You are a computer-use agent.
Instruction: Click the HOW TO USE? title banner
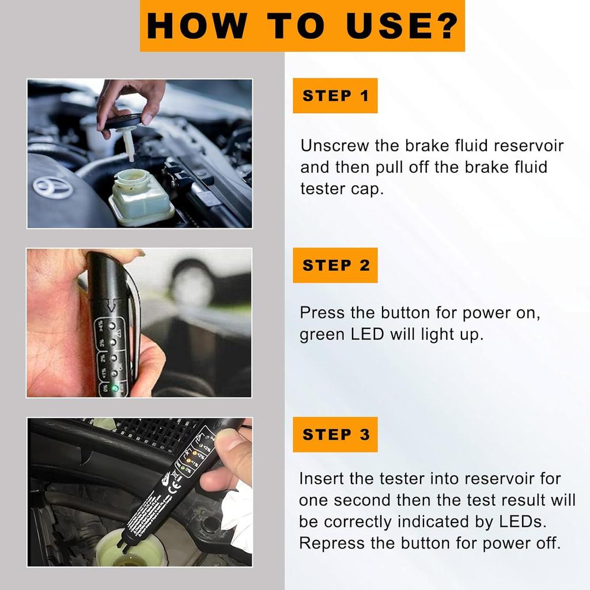(302, 26)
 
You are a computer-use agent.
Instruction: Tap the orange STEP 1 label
(335, 96)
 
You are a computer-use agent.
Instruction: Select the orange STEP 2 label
(335, 265)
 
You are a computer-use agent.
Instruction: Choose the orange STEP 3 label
(335, 434)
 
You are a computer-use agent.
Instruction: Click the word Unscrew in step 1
(334, 145)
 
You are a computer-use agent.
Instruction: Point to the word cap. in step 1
(367, 189)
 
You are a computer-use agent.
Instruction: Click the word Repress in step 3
(327, 543)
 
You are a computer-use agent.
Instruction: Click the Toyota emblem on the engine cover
(52, 187)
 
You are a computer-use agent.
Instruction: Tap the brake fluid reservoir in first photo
(142, 196)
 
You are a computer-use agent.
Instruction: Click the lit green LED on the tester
(115, 388)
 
